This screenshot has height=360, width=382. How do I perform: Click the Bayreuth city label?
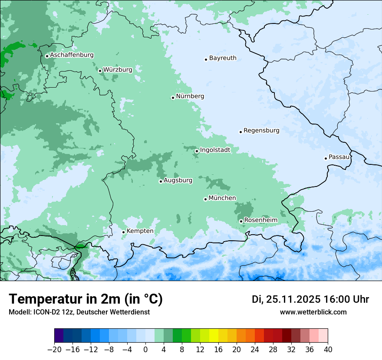click(x=223, y=58)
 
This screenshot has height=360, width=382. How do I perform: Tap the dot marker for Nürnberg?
click(x=173, y=98)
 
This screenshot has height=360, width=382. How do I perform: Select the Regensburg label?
click(x=261, y=131)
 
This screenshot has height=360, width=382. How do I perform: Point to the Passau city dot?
click(x=326, y=158)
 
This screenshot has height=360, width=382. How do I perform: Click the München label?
click(x=222, y=198)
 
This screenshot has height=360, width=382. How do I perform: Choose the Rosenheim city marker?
click(x=241, y=221)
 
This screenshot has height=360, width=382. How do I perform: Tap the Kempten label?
click(x=140, y=231)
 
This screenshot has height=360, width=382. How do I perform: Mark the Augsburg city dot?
click(x=161, y=181)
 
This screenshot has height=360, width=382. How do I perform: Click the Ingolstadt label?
click(x=215, y=150)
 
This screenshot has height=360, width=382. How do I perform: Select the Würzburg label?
click(x=118, y=70)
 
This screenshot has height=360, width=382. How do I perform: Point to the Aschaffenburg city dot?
click(x=47, y=56)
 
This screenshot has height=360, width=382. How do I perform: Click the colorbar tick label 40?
click(x=328, y=349)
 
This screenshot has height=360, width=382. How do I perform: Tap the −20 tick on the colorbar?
click(x=55, y=349)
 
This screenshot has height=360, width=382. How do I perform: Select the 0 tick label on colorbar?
click(x=145, y=349)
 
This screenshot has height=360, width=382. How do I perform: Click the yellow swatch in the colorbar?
click(x=214, y=336)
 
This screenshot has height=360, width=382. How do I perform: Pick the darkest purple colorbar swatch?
click(x=59, y=336)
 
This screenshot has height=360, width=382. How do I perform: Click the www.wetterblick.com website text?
click(x=313, y=312)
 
